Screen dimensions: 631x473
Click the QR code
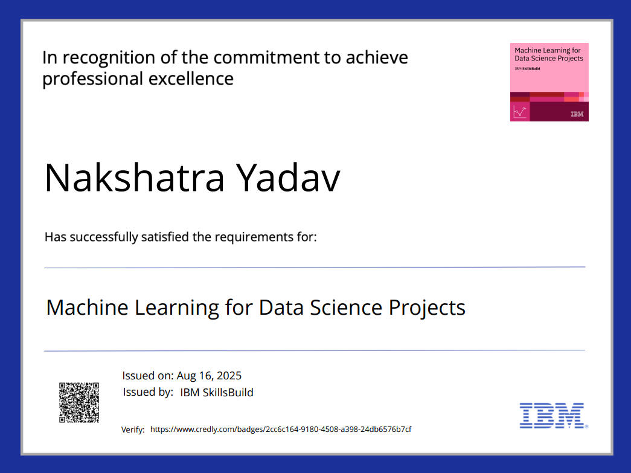pos(79,402)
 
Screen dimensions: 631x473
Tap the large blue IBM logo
pos(552,416)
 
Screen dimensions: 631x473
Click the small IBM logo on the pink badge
pos(577,114)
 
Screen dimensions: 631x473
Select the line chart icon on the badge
pos(519,112)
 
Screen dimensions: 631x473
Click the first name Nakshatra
pos(135,178)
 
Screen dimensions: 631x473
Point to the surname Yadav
pos(288,178)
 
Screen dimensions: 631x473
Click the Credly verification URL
pos(281,429)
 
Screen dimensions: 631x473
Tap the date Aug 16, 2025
pos(209,376)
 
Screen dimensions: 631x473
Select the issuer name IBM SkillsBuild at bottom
pos(217,392)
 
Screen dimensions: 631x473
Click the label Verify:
pos(133,430)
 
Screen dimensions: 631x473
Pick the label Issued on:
pos(148,376)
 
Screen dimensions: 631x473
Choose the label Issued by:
pos(148,392)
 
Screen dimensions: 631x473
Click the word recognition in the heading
pos(108,58)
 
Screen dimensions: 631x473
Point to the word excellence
pos(191,79)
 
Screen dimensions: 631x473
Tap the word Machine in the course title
pos(88,307)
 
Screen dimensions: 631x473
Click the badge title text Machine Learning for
pos(547,50)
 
